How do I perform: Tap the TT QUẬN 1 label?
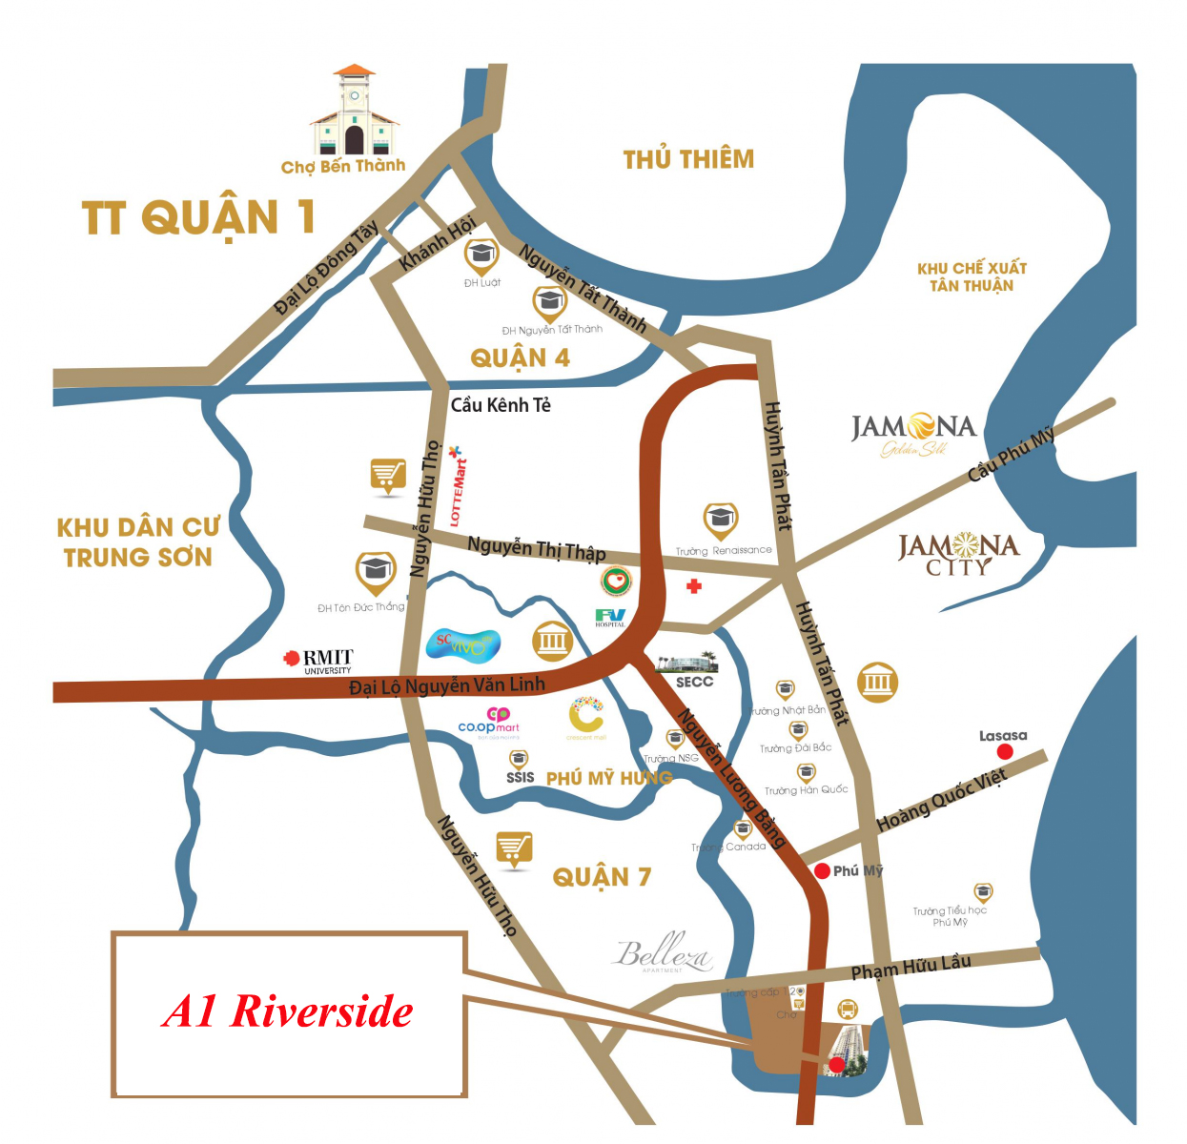[198, 217]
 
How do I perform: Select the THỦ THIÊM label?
[688, 159]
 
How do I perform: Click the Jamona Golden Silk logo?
[913, 434]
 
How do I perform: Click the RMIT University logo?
[318, 660]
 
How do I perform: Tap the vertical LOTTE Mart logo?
[458, 487]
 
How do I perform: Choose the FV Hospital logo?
[610, 617]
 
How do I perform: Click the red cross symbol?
[694, 585]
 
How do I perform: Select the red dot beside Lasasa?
[1005, 752]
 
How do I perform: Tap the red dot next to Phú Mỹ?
[822, 870]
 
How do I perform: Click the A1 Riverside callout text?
[288, 1011]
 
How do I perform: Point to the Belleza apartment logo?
[663, 952]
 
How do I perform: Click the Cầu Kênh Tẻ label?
[501, 405]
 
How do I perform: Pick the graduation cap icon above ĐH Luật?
[481, 255]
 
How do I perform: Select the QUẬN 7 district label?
[602, 876]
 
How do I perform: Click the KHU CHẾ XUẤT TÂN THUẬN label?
[972, 276]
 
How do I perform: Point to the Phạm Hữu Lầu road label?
[911, 967]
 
